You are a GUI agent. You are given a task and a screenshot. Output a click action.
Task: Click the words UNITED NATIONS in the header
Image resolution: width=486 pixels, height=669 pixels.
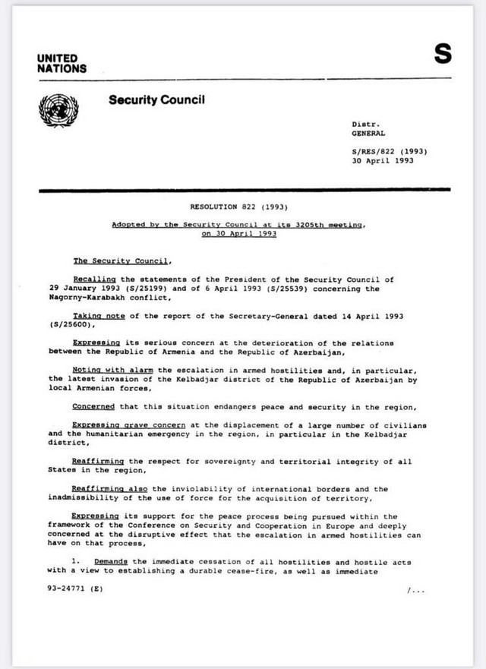pyautogui.click(x=62, y=63)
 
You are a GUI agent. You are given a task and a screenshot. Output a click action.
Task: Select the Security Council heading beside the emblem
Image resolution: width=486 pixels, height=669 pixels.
pyautogui.click(x=156, y=99)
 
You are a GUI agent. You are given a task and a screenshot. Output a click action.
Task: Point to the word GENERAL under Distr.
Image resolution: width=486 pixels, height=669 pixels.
pyautogui.click(x=368, y=133)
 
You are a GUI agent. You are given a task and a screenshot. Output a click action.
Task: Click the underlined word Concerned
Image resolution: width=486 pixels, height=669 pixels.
pyautogui.click(x=94, y=406)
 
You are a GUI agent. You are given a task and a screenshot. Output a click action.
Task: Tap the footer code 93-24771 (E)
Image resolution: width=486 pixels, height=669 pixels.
pyautogui.click(x=71, y=589)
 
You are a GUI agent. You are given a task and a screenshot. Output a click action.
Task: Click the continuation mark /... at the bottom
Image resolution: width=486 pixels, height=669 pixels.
pyautogui.click(x=416, y=589)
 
